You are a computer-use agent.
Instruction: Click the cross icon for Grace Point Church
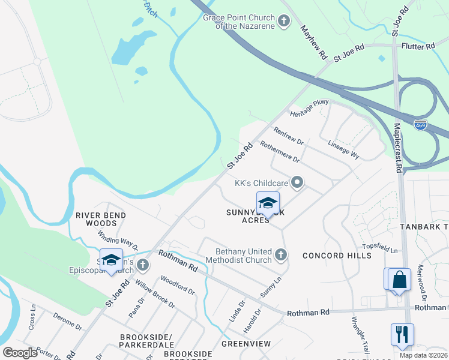pos(285,22)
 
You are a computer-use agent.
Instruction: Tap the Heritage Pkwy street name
pos(309,109)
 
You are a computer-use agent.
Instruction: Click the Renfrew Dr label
pos(288,136)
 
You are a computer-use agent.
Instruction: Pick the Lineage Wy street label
pos(344,150)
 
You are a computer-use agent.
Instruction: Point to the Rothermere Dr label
pos(280,151)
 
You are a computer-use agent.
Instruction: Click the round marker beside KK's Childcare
pos(297,182)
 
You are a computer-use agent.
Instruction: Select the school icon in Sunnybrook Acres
pos(268,202)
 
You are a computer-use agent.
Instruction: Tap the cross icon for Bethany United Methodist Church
pos(280,256)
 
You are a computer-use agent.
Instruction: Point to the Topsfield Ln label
pos(379,247)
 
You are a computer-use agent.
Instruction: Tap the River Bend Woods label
pos(101,219)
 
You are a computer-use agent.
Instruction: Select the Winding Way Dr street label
pos(118,242)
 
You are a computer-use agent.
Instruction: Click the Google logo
pos(20,353)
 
